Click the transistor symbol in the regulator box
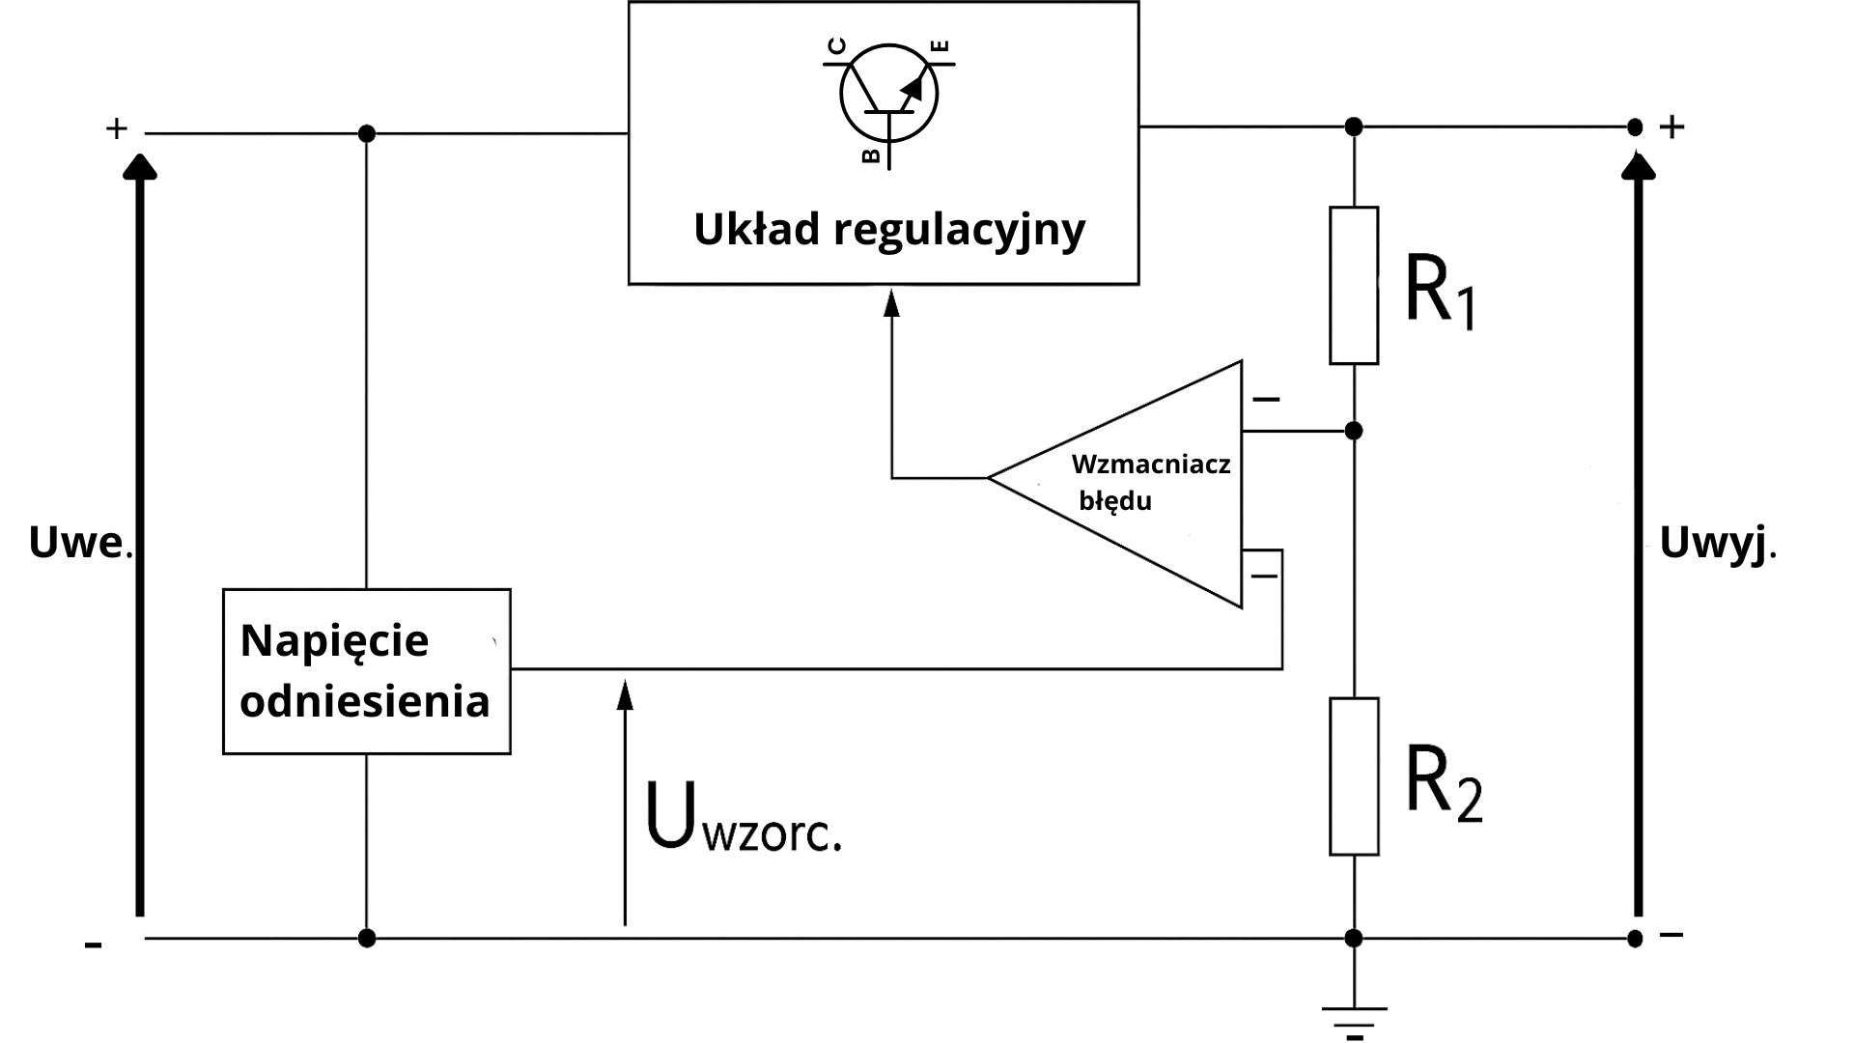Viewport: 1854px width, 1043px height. coord(888,95)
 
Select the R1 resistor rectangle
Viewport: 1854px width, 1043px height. coord(1354,285)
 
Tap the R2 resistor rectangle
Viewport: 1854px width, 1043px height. coord(1354,776)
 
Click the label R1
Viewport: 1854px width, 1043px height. coord(1440,292)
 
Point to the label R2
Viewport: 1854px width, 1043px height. coord(1443,783)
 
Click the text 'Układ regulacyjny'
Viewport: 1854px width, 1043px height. coord(889,230)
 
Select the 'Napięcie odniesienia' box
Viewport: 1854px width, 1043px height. coord(366,671)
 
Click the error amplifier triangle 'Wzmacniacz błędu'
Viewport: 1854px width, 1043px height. coord(1139,483)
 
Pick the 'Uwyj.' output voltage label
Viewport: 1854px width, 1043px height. coord(1717,544)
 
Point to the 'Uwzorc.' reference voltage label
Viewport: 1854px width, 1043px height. coord(742,819)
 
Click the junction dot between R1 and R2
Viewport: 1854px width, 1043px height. coord(1354,431)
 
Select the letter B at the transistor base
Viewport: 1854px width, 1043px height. coord(871,155)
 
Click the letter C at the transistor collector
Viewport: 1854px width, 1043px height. coord(837,45)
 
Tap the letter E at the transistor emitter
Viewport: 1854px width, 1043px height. coord(942,45)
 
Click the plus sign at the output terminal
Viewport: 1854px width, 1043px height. coord(1672,127)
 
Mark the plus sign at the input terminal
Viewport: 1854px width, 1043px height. coord(116,128)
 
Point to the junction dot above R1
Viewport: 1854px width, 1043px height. coord(1354,127)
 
